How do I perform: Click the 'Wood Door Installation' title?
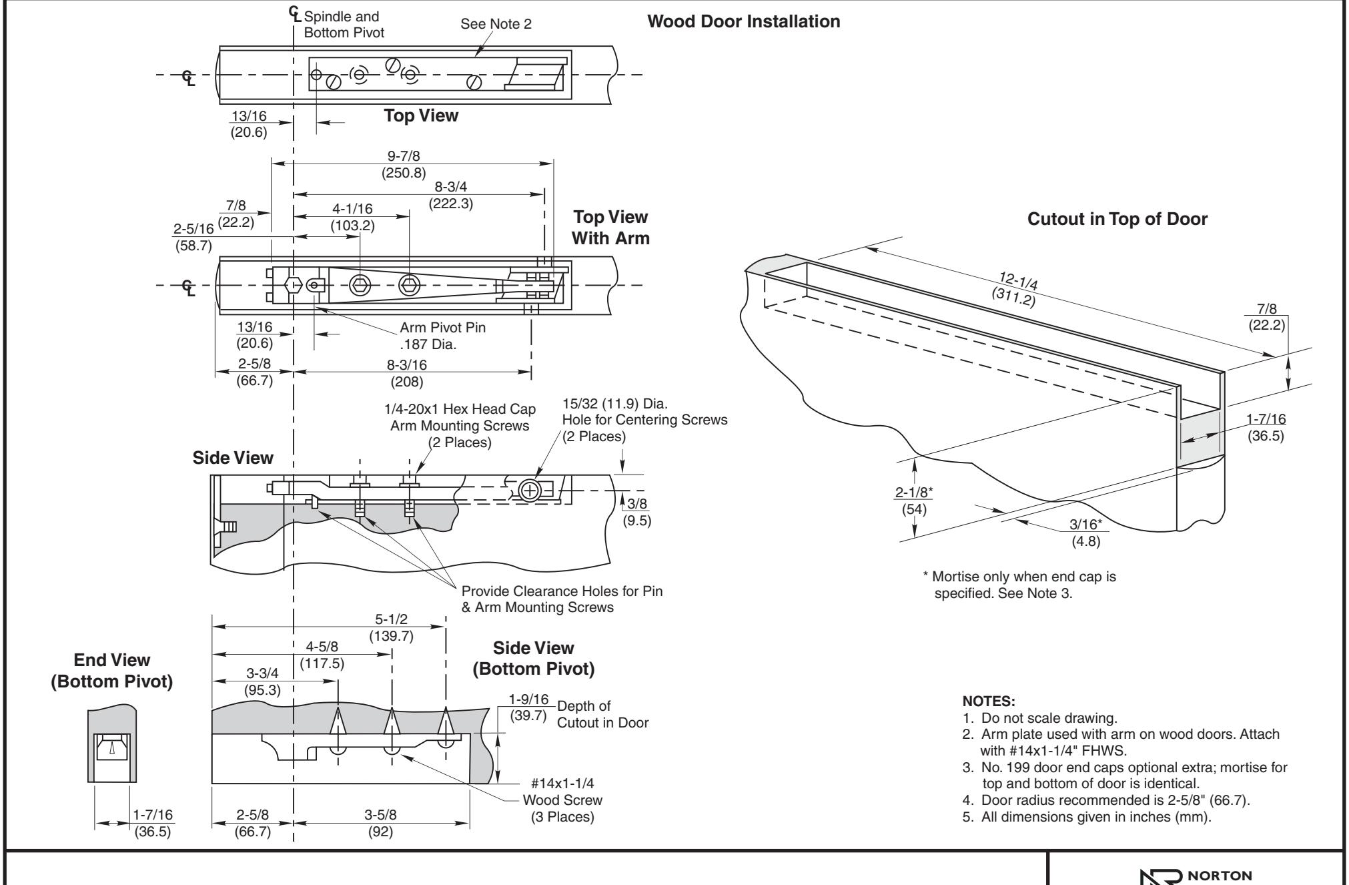pyautogui.click(x=744, y=21)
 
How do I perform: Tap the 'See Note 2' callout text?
pyautogui.click(x=496, y=25)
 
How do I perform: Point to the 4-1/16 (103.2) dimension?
pyautogui.click(x=352, y=218)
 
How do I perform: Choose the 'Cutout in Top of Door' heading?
pyautogui.click(x=1117, y=219)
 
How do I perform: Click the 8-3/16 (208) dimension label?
pyautogui.click(x=407, y=373)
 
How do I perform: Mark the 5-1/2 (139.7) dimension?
pyautogui.click(x=391, y=628)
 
